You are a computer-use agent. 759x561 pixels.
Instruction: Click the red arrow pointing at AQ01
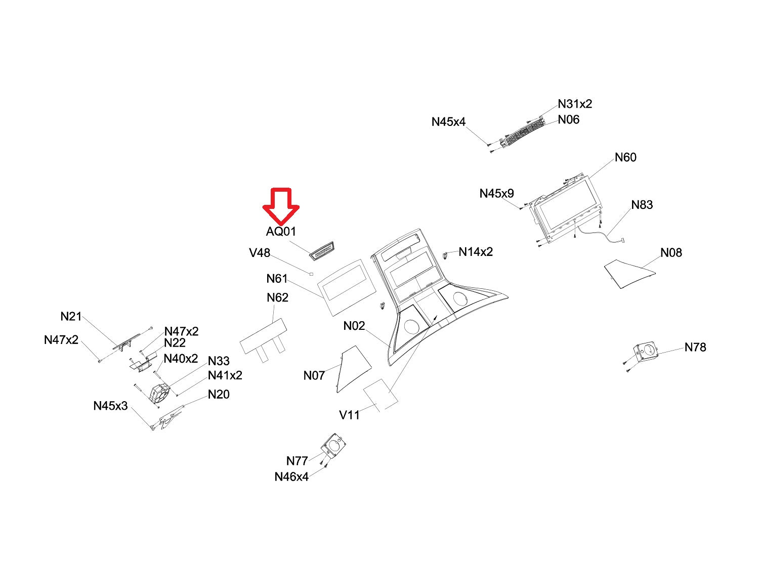(281, 205)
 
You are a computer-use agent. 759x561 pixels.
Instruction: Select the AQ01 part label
(281, 232)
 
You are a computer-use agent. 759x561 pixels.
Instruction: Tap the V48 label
(260, 252)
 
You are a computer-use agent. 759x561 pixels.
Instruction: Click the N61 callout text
(277, 279)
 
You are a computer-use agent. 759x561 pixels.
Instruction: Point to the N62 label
(277, 297)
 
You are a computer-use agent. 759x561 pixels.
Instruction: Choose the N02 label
(354, 326)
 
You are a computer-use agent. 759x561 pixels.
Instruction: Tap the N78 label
(695, 347)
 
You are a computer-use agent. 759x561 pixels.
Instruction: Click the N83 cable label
(642, 205)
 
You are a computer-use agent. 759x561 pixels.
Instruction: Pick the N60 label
(625, 157)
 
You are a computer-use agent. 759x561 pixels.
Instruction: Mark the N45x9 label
(496, 194)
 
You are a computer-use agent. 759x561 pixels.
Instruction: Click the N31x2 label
(575, 104)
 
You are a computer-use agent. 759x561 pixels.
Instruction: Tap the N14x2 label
(476, 252)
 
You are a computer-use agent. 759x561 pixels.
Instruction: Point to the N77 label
(297, 461)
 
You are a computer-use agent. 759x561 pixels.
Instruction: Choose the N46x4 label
(291, 477)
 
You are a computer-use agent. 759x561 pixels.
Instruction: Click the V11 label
(349, 415)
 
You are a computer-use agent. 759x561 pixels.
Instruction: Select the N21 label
(71, 317)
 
